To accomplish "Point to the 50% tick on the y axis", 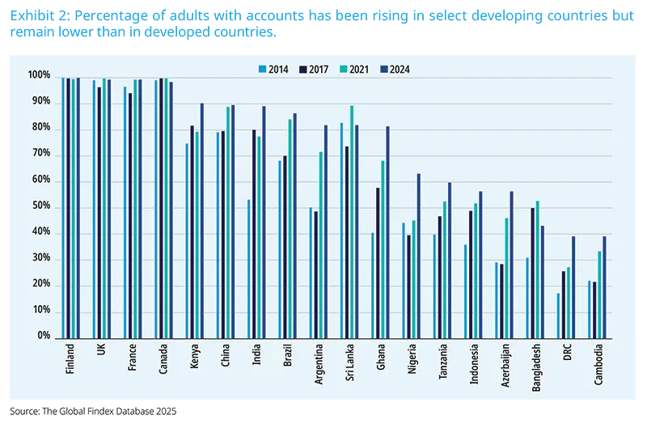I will pyautogui.click(x=39, y=206).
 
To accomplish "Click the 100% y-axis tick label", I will pyautogui.click(x=37, y=76).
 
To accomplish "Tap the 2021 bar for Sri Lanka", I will pyautogui.click(x=351, y=222).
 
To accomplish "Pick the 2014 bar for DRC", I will pyautogui.click(x=558, y=316).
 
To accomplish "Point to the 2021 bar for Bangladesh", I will pyautogui.click(x=538, y=269).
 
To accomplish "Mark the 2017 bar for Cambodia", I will pyautogui.click(x=594, y=310).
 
